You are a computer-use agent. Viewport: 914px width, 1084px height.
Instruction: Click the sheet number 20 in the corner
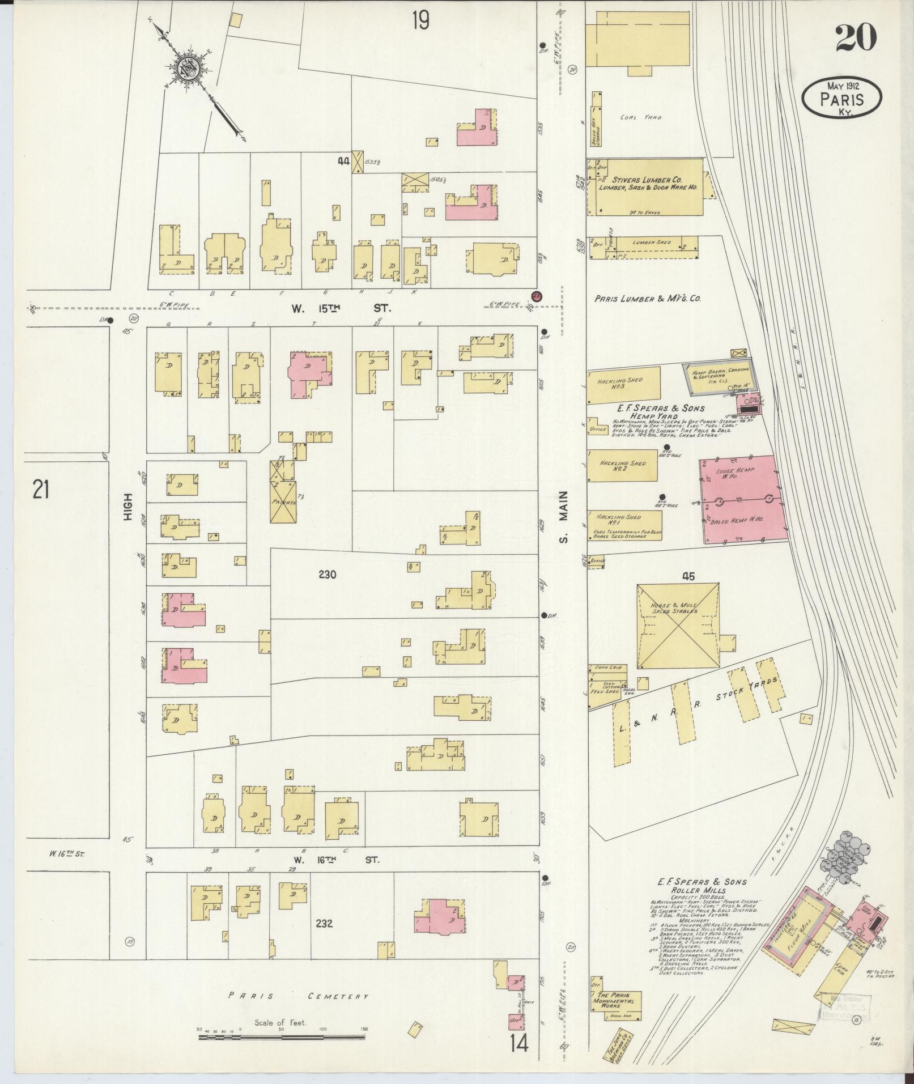(x=856, y=39)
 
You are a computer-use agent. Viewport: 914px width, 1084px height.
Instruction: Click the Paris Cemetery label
(x=299, y=996)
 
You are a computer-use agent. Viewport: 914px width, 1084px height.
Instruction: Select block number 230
(x=327, y=575)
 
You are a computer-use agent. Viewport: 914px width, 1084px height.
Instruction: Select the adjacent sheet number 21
(x=40, y=488)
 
